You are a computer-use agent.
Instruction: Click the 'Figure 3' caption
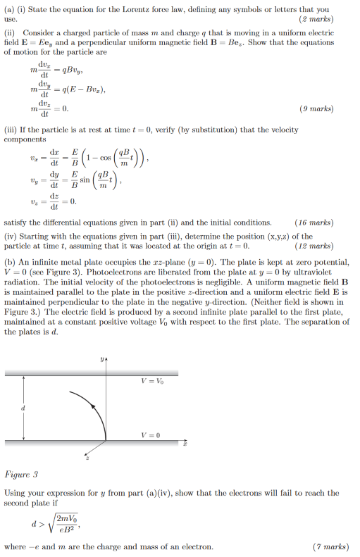coord(21,475)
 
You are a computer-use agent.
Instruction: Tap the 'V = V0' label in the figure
coord(151,381)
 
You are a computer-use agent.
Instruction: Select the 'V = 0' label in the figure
coord(150,435)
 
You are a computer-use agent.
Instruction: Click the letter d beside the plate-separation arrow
coord(23,407)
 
